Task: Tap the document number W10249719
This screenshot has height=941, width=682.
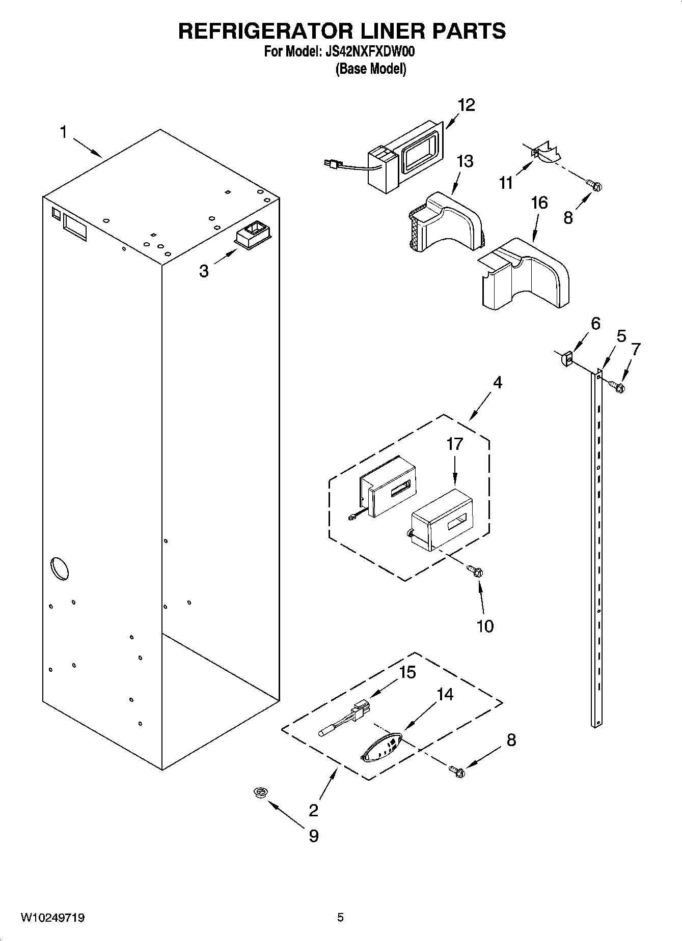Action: (x=52, y=918)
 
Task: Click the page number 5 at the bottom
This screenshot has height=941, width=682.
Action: (x=340, y=918)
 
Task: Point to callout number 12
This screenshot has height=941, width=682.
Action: (x=466, y=105)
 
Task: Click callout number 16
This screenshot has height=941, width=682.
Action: (x=539, y=203)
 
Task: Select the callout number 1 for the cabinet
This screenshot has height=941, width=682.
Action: (x=63, y=133)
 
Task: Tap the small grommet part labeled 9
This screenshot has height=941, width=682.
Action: (x=262, y=792)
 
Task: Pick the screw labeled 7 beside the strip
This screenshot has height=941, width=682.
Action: (x=618, y=387)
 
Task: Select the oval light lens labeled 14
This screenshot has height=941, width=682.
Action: (x=381, y=748)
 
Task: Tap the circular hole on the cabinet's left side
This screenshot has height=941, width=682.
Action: (x=59, y=568)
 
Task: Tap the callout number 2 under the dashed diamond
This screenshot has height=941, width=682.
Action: (x=313, y=810)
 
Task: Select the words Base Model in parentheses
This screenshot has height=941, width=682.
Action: (x=370, y=69)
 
